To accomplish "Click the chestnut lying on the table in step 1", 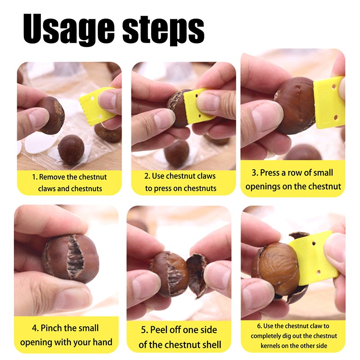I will coord(71,148).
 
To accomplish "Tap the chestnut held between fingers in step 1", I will coord(52,115).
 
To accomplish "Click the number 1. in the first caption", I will coord(35,177).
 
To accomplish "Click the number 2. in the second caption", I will coord(147,176).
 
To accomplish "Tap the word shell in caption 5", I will coord(210,345).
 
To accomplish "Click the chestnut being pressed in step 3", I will coord(295,106).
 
